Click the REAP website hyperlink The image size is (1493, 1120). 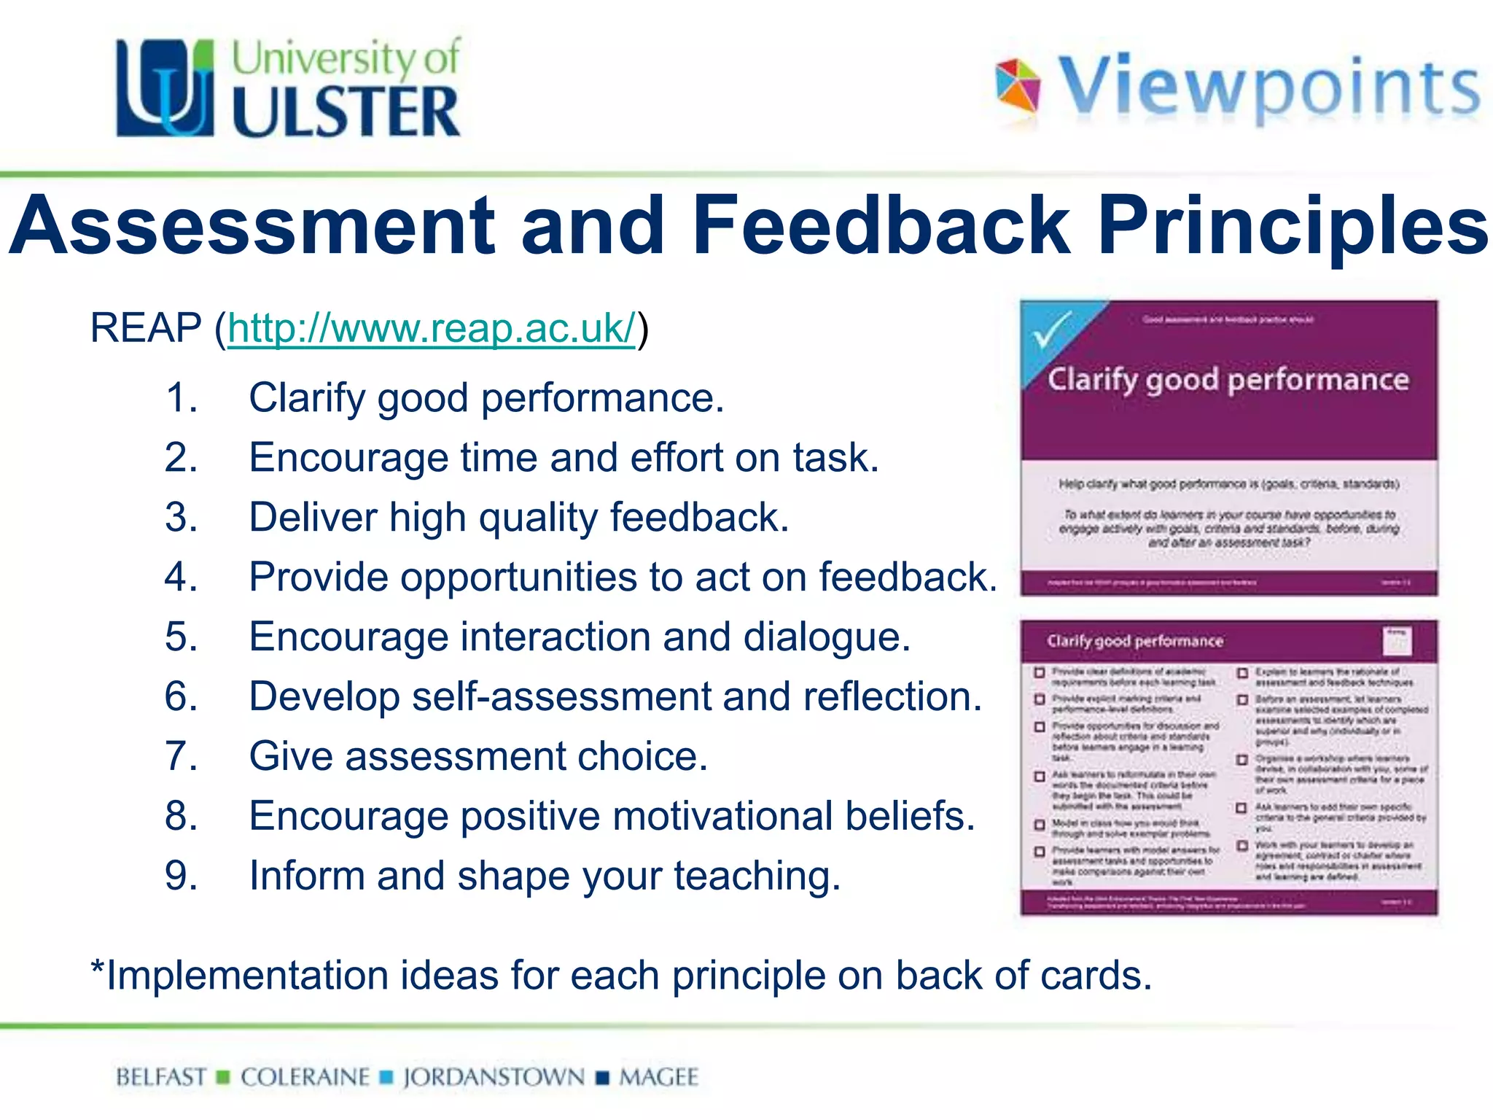click(x=432, y=329)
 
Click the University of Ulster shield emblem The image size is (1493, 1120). click(x=165, y=88)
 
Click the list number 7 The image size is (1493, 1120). click(x=181, y=756)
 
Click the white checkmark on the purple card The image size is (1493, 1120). click(x=1050, y=330)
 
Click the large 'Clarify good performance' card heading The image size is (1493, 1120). click(x=1228, y=380)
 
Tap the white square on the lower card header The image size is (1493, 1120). click(x=1396, y=641)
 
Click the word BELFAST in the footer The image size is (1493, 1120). click(x=161, y=1077)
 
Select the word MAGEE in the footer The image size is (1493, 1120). click(x=658, y=1077)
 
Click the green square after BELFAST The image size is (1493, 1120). click(x=224, y=1077)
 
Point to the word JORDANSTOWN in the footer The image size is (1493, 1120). click(x=494, y=1077)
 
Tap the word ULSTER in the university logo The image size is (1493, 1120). click(x=346, y=112)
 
